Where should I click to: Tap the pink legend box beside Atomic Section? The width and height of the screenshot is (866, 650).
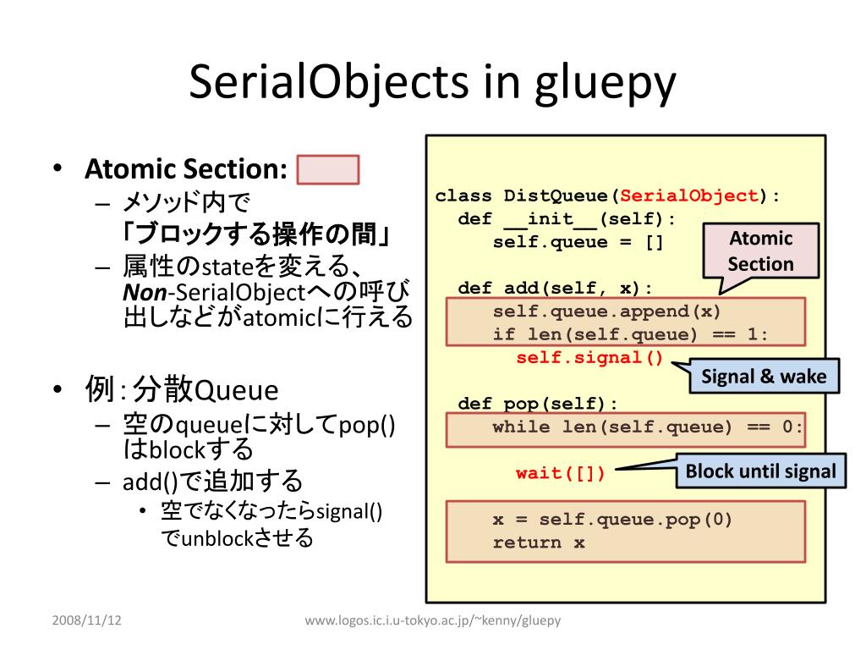pyautogui.click(x=328, y=169)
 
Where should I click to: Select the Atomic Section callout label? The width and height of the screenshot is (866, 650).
pyautogui.click(x=760, y=251)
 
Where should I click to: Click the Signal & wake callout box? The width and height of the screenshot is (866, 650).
pyautogui.click(x=764, y=377)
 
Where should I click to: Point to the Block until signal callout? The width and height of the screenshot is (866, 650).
pyautogui.click(x=760, y=471)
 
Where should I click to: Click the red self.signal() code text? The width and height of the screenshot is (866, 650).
pyautogui.click(x=589, y=357)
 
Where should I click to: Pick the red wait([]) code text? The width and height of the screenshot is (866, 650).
pyautogui.click(x=561, y=473)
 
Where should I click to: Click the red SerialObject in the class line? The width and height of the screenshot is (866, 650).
pyautogui.click(x=689, y=196)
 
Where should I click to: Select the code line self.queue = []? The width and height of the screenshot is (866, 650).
pyautogui.click(x=578, y=242)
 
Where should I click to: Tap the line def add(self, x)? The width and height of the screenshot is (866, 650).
pyautogui.click(x=555, y=288)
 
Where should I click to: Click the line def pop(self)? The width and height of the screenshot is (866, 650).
pyautogui.click(x=538, y=404)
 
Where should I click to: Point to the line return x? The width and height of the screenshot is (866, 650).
pyautogui.click(x=539, y=543)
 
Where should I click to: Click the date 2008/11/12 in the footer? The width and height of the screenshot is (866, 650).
pyautogui.click(x=86, y=620)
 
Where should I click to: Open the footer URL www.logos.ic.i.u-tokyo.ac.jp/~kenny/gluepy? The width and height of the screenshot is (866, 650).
pyautogui.click(x=432, y=620)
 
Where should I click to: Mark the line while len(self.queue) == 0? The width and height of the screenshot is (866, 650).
pyautogui.click(x=648, y=427)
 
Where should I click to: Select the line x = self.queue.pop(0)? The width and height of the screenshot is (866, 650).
pyautogui.click(x=613, y=520)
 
